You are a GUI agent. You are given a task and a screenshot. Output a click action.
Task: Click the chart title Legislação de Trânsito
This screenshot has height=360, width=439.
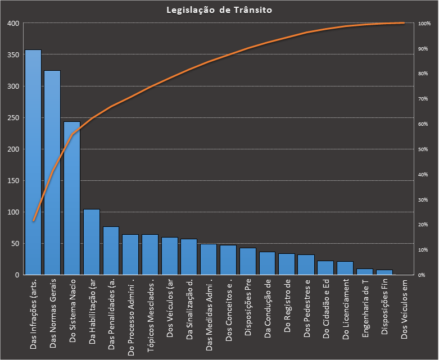pos(219,10)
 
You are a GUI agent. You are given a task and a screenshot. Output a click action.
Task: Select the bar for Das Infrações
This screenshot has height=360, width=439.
pos(33,163)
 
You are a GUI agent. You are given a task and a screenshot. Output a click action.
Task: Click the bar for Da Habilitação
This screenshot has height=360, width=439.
pos(92,242)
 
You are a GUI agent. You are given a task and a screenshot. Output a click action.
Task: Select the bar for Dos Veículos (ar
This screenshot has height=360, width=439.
pos(170,256)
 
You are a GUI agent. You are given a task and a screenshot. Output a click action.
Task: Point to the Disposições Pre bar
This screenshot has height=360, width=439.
pos(248,262)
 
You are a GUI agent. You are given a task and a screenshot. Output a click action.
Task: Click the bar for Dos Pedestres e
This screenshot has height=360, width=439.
pos(306,265)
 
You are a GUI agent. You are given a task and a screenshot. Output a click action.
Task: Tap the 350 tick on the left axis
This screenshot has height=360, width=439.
pos(12,55)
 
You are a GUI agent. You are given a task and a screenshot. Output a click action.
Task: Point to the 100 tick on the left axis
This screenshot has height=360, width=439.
pos(12,212)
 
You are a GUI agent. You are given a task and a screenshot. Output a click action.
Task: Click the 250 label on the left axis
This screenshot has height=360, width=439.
pos(12,118)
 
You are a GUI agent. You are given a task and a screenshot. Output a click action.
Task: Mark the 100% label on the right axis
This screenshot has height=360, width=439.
pos(424,24)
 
